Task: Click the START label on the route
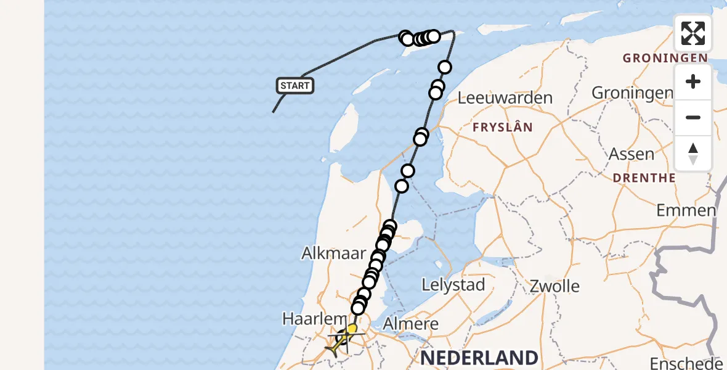[x=295, y=86]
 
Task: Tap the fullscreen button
[x=693, y=33]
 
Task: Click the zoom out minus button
[x=693, y=117]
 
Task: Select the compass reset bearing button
[x=693, y=154]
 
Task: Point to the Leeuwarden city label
[x=505, y=98]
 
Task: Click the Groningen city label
[x=632, y=93]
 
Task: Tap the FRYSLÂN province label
[x=502, y=128]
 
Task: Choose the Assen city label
[x=632, y=154]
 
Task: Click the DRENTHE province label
[x=644, y=178]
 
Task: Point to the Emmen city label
[x=686, y=210]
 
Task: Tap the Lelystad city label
[x=453, y=285]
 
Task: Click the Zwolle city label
[x=554, y=286]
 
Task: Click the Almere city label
[x=411, y=324]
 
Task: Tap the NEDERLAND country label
[x=479, y=358]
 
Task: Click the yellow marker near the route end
[x=352, y=329]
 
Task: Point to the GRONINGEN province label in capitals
[x=656, y=59]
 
